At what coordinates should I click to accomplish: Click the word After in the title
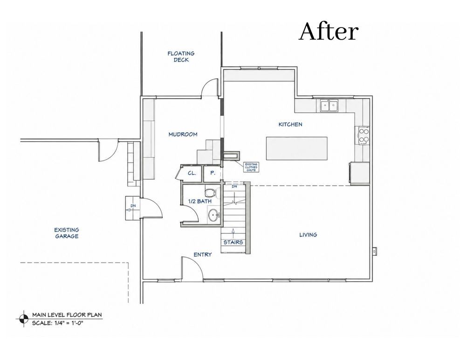point(329,32)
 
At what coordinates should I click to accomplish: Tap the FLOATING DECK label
point(181,56)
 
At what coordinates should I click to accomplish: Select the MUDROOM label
point(183,135)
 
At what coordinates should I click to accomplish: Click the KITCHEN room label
point(290,124)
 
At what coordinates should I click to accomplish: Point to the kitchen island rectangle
point(296,148)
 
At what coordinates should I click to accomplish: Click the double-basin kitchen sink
point(329,106)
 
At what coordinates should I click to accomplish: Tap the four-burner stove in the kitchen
point(363,135)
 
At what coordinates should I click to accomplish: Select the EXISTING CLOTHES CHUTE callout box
point(251,167)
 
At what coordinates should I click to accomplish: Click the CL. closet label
point(192,173)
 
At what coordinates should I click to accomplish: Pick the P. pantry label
point(213,173)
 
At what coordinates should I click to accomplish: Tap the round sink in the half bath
point(213,215)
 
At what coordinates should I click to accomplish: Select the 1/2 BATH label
point(200,201)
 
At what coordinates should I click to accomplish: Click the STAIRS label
point(233,242)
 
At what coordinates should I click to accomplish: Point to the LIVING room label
point(308,235)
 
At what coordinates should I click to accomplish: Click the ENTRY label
point(203,255)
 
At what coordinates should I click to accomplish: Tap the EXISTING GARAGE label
point(67,233)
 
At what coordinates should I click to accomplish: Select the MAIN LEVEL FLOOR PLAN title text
point(67,315)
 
